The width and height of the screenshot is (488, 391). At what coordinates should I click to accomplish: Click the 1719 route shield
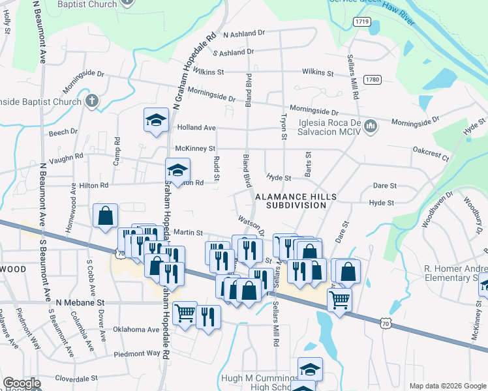362,22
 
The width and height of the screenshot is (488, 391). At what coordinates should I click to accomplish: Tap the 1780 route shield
372,80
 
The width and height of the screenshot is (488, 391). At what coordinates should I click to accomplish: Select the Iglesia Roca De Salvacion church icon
371,124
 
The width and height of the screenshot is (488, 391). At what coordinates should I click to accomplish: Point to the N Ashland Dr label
244,33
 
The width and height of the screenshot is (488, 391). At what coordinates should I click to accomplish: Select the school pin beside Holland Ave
156,121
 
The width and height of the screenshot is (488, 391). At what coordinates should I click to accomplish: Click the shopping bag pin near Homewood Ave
105,216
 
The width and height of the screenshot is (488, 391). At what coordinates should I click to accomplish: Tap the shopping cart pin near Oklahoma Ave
185,313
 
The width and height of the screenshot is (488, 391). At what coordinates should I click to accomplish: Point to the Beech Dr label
63,132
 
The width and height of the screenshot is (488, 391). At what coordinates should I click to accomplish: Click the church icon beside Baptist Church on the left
91,101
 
